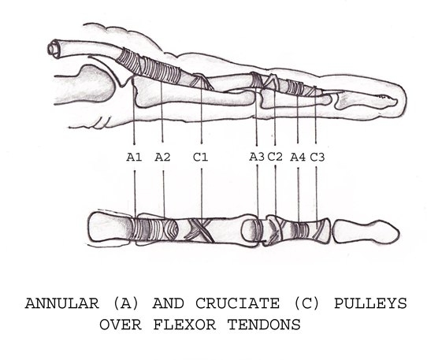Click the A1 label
[134, 158]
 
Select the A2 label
[162, 157]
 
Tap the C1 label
[201, 157]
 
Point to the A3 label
[257, 157]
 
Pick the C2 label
[275, 157]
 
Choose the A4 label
[298, 157]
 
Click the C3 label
[317, 157]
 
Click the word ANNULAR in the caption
[62, 303]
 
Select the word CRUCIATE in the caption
[237, 303]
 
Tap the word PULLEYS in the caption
[370, 303]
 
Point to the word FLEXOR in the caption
[185, 325]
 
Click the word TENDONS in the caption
[264, 325]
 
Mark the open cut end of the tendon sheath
[54, 49]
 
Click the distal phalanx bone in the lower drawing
[366, 232]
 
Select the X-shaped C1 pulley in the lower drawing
[199, 230]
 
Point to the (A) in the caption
[126, 303]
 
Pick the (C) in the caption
[306, 303]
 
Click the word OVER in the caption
[121, 325]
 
